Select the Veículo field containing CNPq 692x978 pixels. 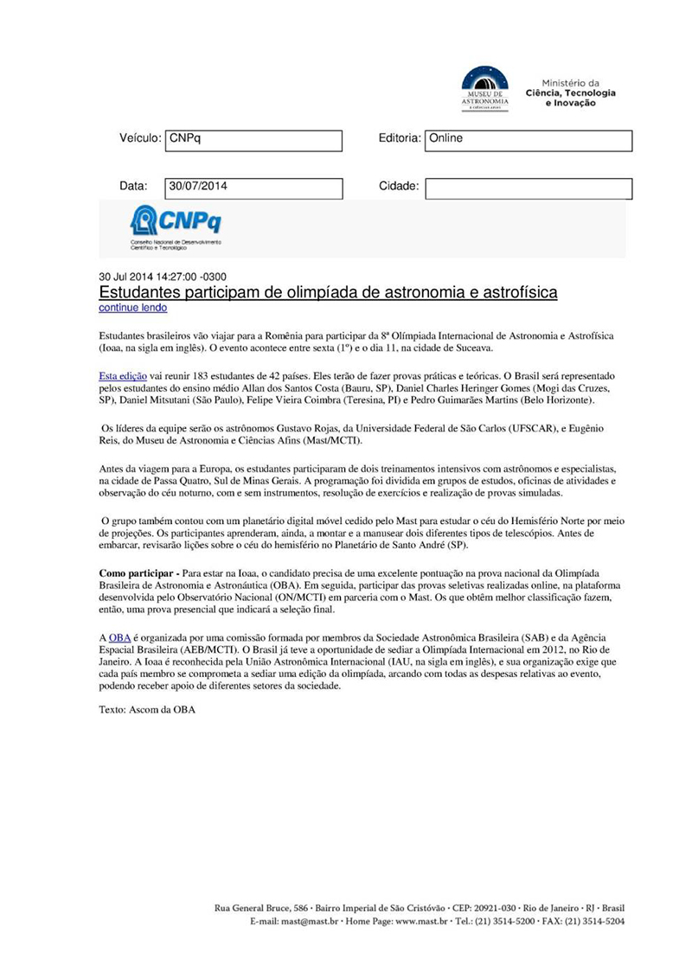click(253, 140)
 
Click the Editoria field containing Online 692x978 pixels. click(528, 140)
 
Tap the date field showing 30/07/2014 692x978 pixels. click(253, 188)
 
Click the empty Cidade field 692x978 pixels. click(528, 188)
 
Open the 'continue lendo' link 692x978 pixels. click(133, 308)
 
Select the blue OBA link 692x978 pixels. click(119, 637)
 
